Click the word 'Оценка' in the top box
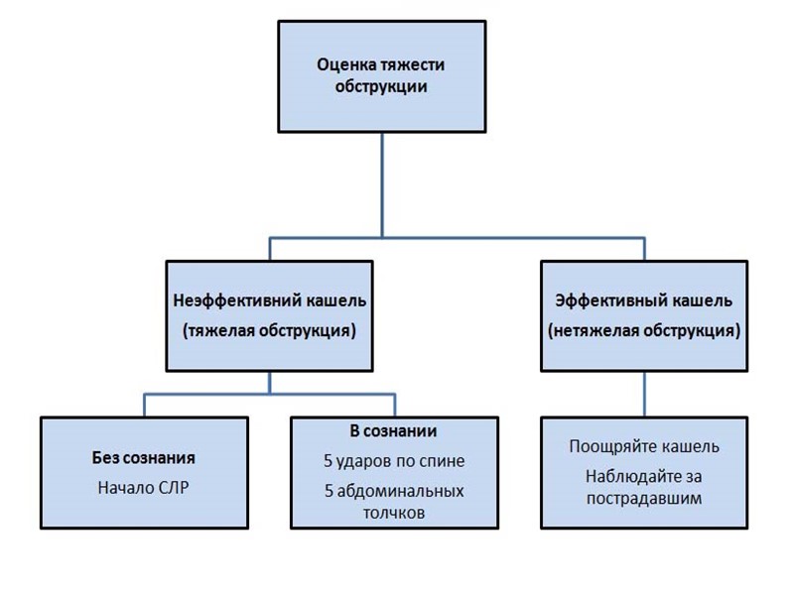(x=343, y=64)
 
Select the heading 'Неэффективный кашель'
(x=269, y=300)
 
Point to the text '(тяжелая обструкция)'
(x=269, y=331)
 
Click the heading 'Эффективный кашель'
(x=644, y=300)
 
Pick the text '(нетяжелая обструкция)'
(x=644, y=331)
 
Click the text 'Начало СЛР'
(x=144, y=488)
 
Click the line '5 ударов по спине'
(x=394, y=461)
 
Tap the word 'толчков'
(x=394, y=514)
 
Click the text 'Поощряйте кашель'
(x=644, y=446)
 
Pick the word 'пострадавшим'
(x=644, y=498)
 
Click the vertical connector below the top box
(x=382, y=183)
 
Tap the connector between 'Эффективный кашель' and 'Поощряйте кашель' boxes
(x=644, y=394)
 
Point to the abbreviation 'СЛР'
(x=174, y=488)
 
